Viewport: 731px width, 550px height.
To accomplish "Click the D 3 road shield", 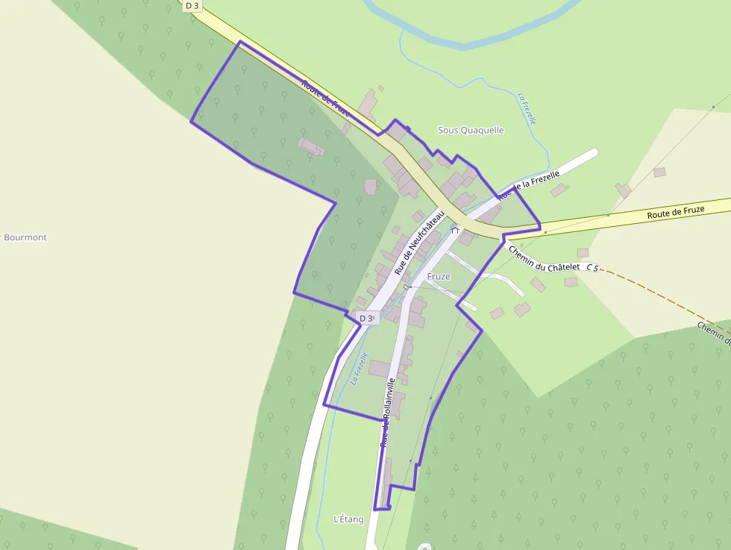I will [192, 5].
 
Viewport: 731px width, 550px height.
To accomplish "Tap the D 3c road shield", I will [366, 318].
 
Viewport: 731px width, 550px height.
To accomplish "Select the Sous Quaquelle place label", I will [471, 130].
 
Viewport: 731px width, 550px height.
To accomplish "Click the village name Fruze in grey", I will [439, 276].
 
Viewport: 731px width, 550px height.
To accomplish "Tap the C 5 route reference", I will [592, 267].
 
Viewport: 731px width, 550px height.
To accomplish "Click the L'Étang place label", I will [349, 519].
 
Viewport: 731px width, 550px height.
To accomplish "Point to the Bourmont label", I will [25, 237].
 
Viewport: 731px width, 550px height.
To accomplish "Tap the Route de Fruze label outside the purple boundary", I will [675, 211].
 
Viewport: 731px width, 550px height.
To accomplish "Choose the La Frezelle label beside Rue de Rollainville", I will [360, 368].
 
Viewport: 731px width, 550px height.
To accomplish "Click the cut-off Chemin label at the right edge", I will [715, 334].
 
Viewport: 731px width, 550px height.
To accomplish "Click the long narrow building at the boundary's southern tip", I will [386, 481].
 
